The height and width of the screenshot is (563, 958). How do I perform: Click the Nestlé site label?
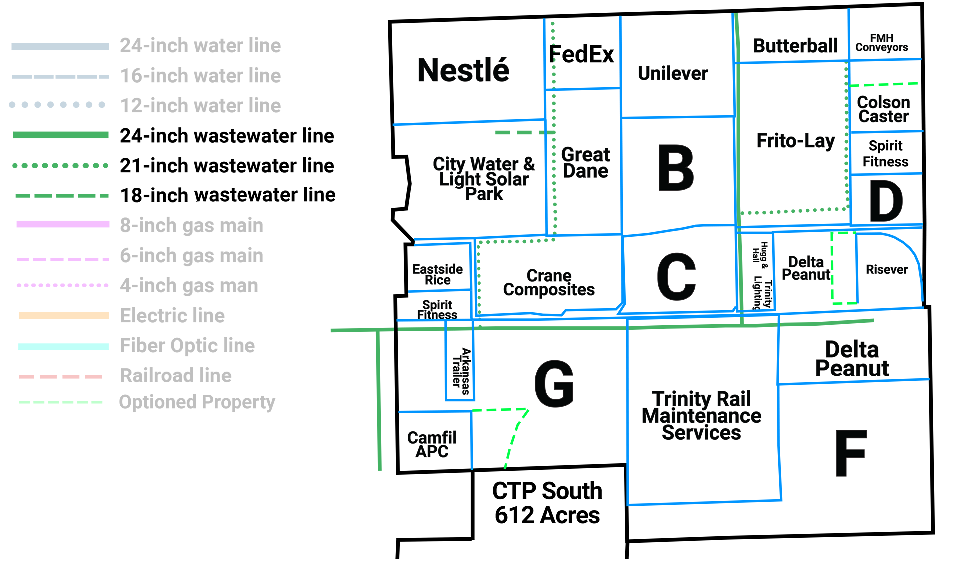(464, 70)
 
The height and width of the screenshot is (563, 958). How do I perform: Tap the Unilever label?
(673, 73)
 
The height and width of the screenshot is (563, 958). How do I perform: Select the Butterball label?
(795, 46)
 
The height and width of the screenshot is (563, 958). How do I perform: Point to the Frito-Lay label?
(795, 141)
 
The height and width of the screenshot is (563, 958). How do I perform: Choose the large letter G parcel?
(554, 384)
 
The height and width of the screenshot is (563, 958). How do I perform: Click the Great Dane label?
(586, 163)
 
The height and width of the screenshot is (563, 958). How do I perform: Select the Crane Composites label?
(549, 283)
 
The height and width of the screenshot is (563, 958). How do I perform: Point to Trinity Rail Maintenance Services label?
(702, 415)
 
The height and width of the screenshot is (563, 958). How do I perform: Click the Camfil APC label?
(432, 444)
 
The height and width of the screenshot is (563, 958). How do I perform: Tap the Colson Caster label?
(884, 109)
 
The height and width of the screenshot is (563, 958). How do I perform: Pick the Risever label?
(887, 270)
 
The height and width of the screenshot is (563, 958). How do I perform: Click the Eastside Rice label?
(438, 275)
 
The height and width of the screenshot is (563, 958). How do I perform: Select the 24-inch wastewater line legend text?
(227, 136)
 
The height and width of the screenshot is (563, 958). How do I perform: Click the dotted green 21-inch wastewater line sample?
(60, 165)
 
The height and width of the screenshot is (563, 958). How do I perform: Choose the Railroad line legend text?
(176, 375)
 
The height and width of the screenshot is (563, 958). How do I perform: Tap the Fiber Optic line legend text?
(188, 346)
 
